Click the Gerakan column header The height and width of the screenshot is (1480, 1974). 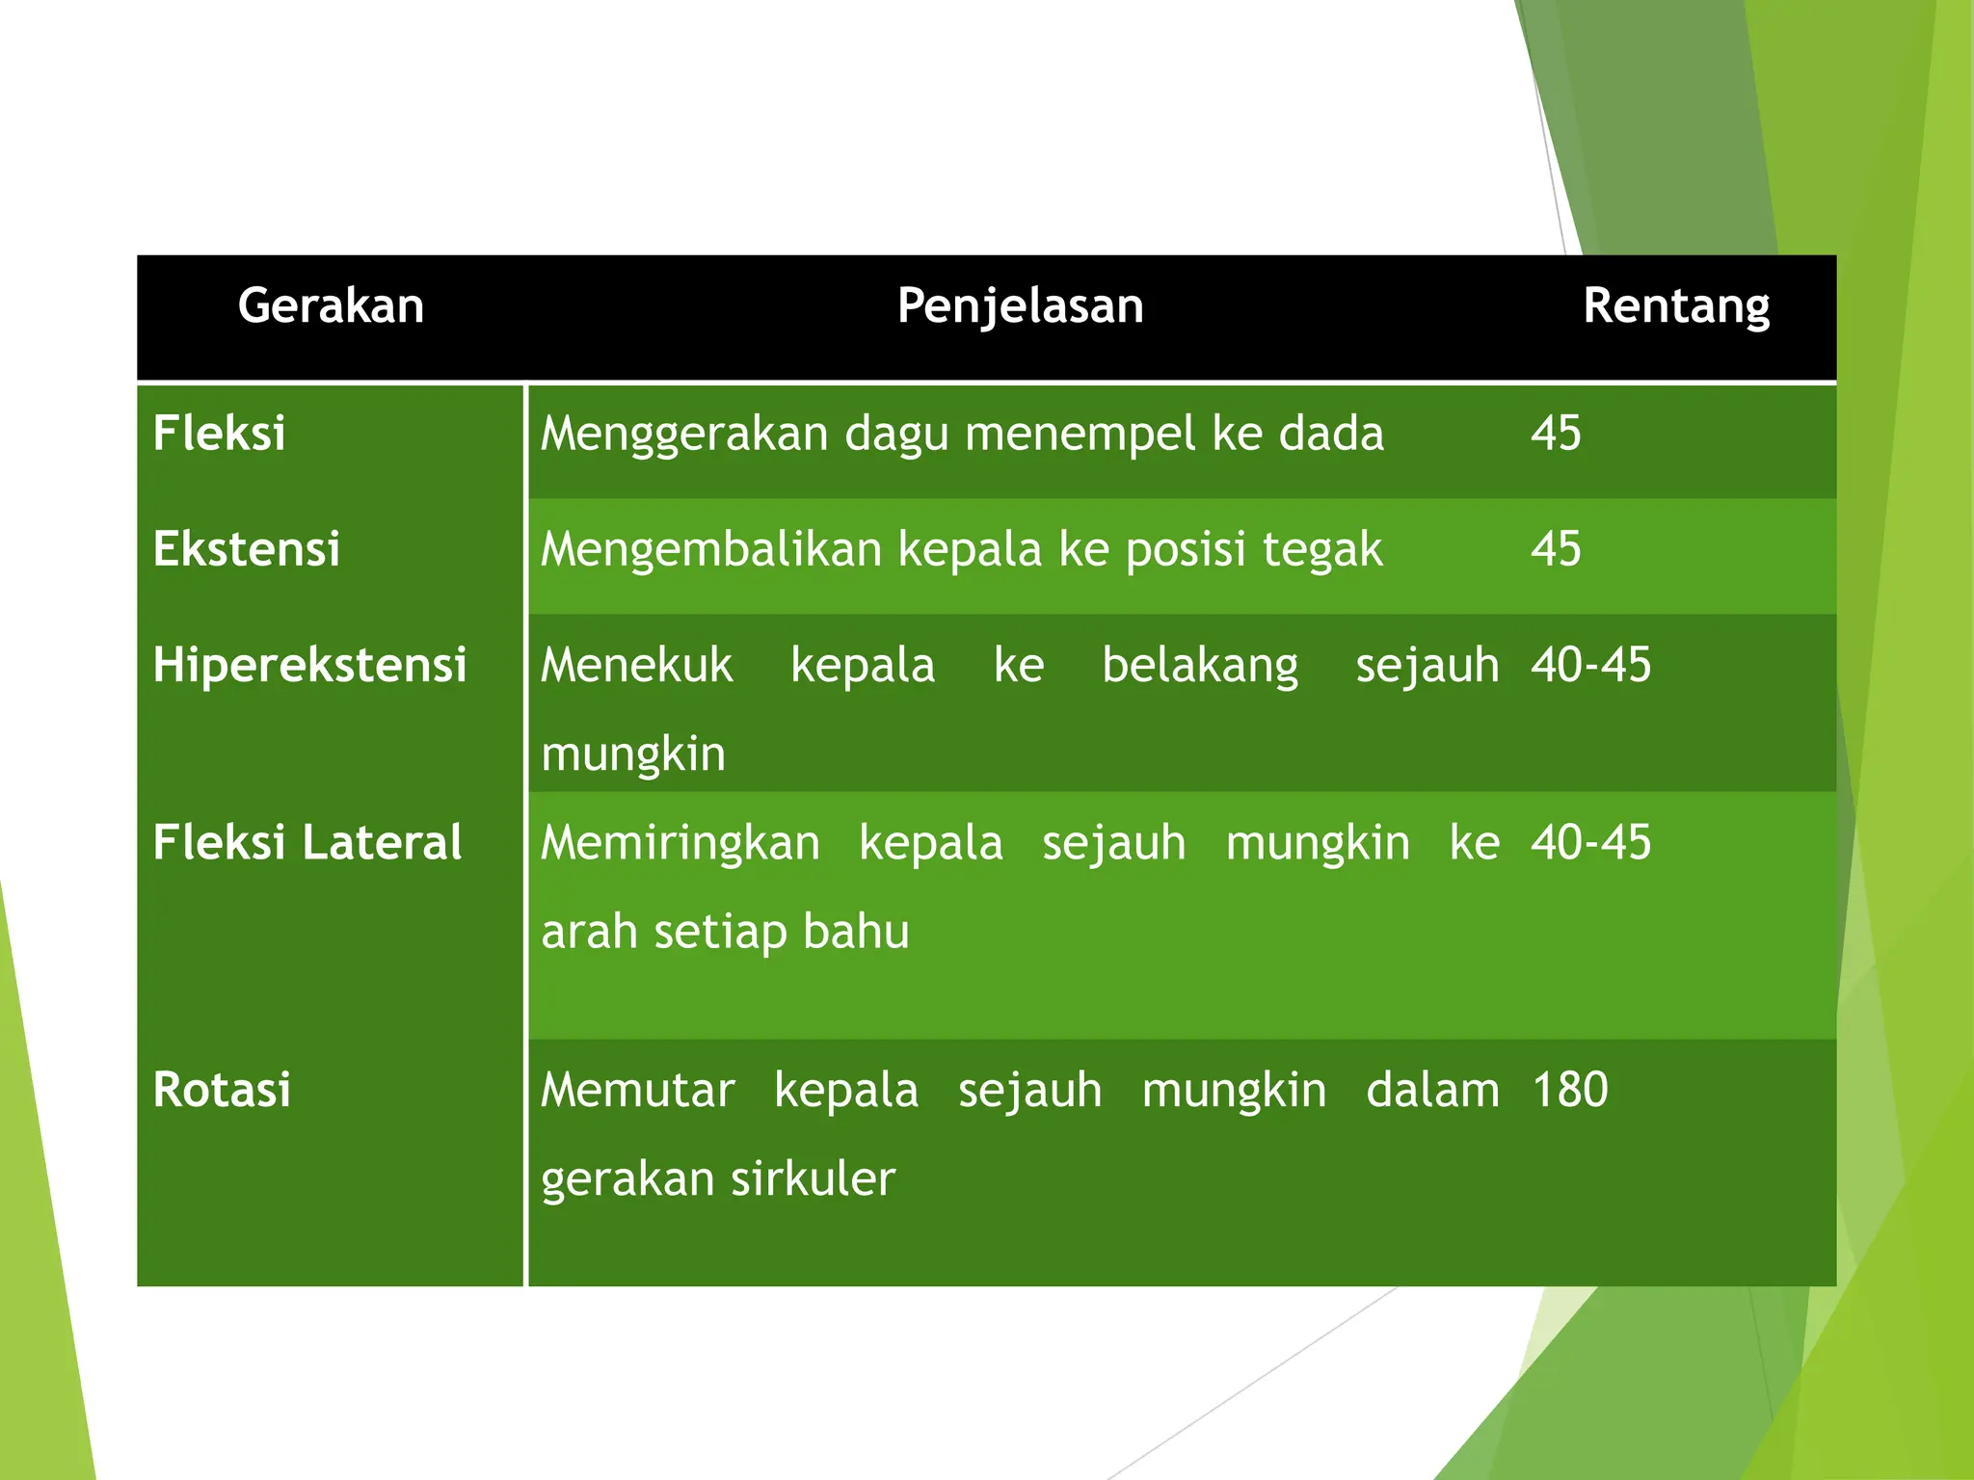click(331, 306)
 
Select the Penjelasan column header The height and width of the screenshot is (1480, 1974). click(1020, 306)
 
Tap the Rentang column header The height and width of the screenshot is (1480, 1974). click(1675, 306)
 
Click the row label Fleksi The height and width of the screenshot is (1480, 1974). click(220, 433)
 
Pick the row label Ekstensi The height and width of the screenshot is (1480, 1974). click(247, 549)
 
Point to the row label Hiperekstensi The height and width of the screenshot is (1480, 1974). click(310, 665)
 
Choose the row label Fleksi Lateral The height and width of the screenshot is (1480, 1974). click(307, 842)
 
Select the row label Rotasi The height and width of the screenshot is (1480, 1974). click(222, 1090)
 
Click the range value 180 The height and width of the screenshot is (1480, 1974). click(1570, 1090)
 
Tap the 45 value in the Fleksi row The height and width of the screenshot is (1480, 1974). click(1556, 433)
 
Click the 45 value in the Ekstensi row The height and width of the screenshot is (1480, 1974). click(1556, 549)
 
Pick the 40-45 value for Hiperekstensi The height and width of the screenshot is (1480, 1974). click(1590, 665)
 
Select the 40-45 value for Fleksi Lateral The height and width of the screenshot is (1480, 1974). click(1590, 842)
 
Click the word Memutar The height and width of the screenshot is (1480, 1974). click(638, 1091)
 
